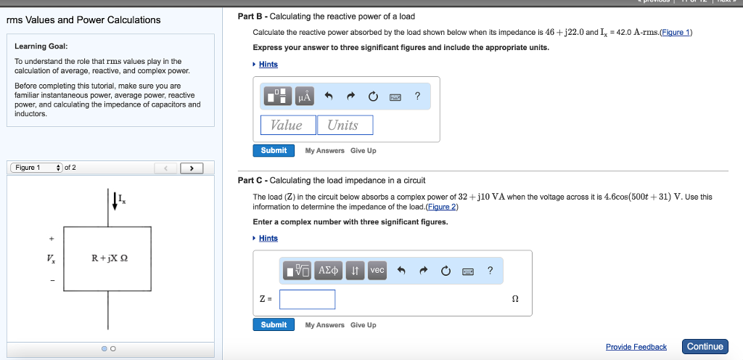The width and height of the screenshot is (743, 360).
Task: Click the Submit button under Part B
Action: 274,150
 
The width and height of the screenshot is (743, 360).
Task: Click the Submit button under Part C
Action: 274,324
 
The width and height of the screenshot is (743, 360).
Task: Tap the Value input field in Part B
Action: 288,125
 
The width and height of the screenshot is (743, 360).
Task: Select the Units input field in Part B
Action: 345,125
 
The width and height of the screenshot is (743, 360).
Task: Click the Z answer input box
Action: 307,299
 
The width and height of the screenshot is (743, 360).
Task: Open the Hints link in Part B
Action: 268,65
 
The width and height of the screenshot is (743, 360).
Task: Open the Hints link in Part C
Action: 268,238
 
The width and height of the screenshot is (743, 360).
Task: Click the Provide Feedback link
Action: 636,347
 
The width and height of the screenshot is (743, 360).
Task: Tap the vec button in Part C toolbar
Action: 377,270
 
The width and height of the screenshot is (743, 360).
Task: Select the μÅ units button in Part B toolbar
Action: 305,97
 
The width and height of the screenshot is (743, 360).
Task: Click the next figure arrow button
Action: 192,168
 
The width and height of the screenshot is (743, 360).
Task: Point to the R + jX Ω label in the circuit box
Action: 110,258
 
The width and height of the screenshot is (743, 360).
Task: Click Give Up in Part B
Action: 363,151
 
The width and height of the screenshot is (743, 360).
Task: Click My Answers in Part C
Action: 324,325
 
